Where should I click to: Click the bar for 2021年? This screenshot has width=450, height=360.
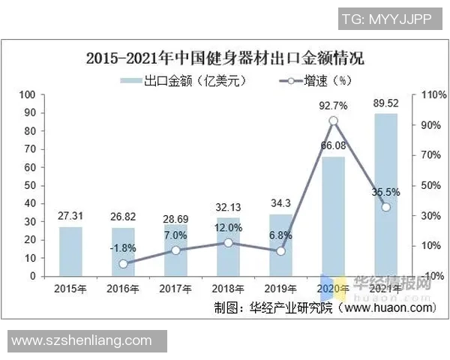(x=385, y=195)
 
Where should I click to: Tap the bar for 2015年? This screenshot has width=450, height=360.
(x=70, y=251)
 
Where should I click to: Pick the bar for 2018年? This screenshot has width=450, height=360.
(x=228, y=247)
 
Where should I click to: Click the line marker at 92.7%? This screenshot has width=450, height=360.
(x=333, y=121)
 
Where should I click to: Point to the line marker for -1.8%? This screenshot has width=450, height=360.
(x=123, y=263)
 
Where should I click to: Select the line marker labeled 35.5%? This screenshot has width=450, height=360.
(x=385, y=207)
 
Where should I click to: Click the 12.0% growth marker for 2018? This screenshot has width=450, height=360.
(x=228, y=242)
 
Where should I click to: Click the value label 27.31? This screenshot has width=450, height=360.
(x=70, y=216)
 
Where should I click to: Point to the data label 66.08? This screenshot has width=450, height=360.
(x=333, y=145)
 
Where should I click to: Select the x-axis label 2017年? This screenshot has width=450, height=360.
(x=175, y=289)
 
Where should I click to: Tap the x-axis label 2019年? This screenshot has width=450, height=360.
(x=280, y=289)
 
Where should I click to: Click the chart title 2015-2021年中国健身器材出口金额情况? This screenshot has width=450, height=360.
(x=229, y=58)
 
